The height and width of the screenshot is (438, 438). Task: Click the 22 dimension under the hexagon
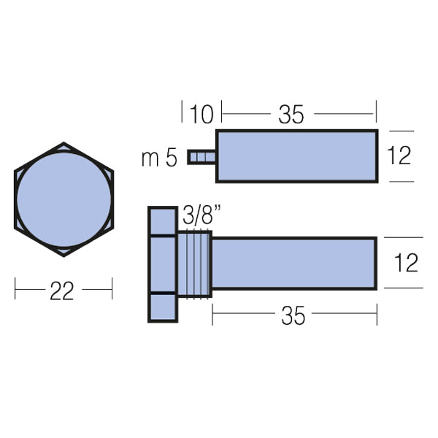pos(62,291)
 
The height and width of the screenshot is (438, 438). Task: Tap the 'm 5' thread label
pos(159,158)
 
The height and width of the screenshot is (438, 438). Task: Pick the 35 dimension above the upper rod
pos(291,114)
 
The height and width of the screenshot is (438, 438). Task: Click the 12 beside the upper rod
pos(399,155)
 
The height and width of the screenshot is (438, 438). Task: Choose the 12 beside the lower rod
pos(405,263)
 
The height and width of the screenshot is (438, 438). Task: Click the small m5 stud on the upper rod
pos(201,157)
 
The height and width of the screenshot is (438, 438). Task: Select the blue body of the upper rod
pos(296,155)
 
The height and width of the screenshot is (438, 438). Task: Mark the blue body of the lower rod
pos(294,263)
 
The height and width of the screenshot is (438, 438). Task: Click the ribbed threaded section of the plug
pos(194,263)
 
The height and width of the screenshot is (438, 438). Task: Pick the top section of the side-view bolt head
pos(163,221)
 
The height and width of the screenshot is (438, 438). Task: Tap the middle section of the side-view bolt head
pos(163,264)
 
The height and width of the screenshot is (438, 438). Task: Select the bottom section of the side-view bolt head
pos(163,307)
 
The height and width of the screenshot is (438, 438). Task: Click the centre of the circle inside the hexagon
pos(64,199)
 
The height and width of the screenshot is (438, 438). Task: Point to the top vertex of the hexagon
pos(64,143)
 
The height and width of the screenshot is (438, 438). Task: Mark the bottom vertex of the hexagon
pos(64,255)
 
